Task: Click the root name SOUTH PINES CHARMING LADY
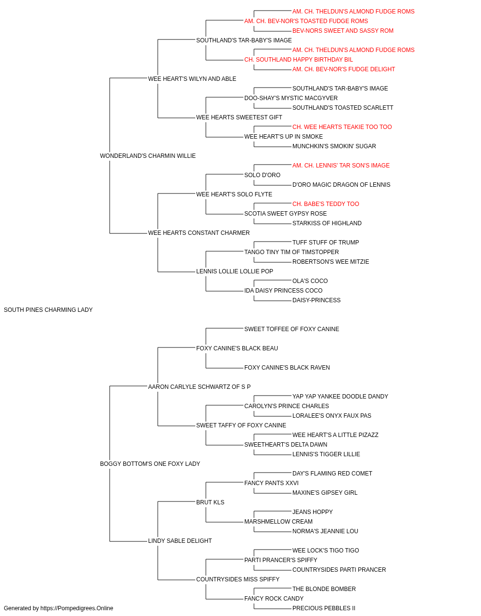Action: point(48,310)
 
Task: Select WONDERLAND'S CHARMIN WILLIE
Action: point(148,156)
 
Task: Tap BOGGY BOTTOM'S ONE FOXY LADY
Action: point(150,464)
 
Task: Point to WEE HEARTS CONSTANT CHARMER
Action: point(199,233)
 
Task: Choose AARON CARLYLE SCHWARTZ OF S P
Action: point(199,386)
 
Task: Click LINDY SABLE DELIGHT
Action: point(180,540)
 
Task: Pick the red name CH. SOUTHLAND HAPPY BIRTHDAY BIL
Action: point(299,60)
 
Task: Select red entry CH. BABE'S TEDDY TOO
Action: point(326,204)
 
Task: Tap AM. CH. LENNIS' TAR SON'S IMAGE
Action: point(341,165)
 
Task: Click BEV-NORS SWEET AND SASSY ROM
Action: point(343,31)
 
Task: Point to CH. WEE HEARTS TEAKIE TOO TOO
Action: point(342,127)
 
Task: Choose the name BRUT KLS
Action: point(210,502)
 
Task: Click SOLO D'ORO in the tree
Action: point(262,175)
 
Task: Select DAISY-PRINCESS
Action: point(316,300)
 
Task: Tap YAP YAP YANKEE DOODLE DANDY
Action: point(340,396)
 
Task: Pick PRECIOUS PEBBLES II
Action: point(324,608)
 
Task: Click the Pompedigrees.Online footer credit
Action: point(58,608)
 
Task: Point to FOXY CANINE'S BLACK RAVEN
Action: point(287,367)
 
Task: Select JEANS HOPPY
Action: point(313,512)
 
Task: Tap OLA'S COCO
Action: point(310,281)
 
